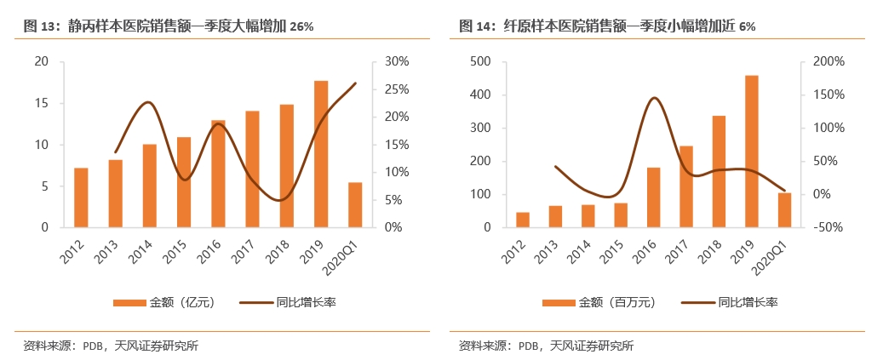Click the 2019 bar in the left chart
coord(321,154)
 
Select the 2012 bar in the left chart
coord(81,197)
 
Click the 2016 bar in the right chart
coord(654,197)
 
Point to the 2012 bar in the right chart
coord(523,220)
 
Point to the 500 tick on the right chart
coord(480,61)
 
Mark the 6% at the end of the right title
coord(747,26)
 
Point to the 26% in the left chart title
coord(301,26)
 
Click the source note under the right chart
coord(546,346)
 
